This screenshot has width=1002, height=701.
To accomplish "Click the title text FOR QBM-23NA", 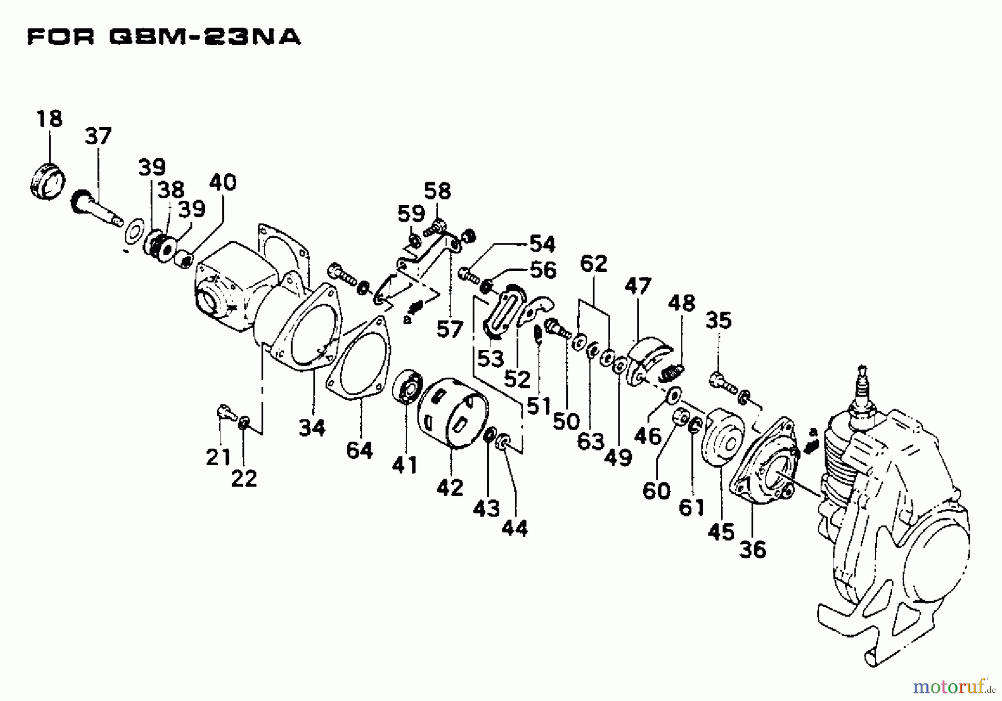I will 164,37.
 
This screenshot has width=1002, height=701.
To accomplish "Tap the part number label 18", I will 50,119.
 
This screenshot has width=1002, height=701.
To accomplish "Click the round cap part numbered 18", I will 47,179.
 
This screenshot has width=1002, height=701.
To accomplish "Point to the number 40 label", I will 223,182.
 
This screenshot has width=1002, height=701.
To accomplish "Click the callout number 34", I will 312,428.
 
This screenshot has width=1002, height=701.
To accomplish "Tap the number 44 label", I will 514,528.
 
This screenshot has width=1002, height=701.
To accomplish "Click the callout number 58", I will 438,191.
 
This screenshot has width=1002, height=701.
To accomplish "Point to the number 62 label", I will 593,263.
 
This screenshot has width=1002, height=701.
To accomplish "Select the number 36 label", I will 753,549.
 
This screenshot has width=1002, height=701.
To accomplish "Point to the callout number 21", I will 218,457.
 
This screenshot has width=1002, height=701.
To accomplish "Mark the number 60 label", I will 656,491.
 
